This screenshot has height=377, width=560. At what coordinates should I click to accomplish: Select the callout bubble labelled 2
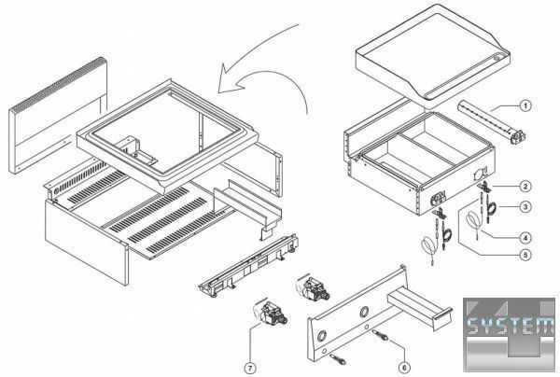(x=525, y=186)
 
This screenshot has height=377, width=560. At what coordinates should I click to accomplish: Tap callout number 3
(x=525, y=206)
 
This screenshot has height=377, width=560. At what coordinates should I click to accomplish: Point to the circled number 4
(x=525, y=236)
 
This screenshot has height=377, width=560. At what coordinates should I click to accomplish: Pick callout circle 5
(x=525, y=254)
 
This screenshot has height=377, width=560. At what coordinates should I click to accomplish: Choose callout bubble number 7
(x=250, y=368)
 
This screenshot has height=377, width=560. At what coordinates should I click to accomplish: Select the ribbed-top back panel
(x=56, y=121)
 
